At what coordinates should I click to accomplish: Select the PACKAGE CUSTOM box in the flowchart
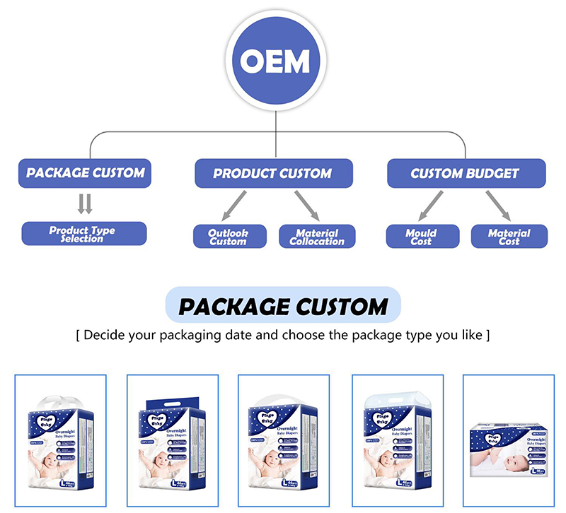tap(85, 173)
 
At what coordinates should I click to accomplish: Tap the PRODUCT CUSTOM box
tap(272, 173)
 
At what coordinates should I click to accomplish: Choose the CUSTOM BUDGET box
tap(466, 173)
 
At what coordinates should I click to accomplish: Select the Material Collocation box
tap(317, 237)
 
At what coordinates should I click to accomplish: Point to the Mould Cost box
tap(421, 237)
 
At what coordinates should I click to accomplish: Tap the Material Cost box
tap(509, 237)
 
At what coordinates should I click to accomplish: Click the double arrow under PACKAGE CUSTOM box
tap(85, 204)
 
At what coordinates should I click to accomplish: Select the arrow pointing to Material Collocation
tap(307, 206)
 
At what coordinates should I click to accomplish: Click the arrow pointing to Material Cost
tap(499, 206)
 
